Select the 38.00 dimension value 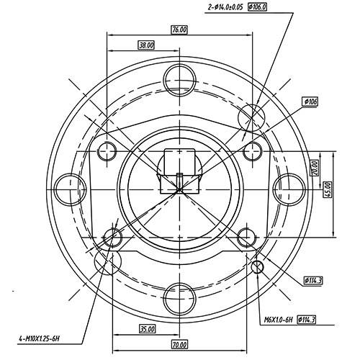coord(146,45)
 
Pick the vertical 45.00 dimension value coord(328,189)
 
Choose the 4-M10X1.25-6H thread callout coord(41,338)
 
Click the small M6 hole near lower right coord(260,268)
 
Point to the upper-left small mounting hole coord(108,150)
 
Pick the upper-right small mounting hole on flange coord(252,150)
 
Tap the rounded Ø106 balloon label coord(311,102)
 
